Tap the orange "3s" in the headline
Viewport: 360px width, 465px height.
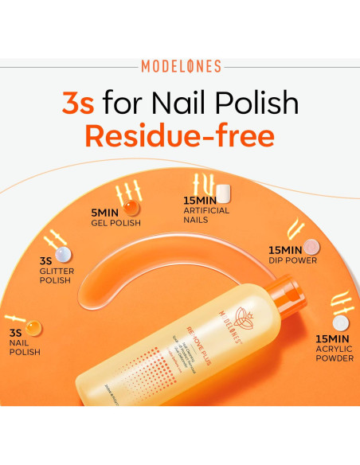pyautogui.click(x=82, y=103)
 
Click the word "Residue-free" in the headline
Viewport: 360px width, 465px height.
pyautogui.click(x=179, y=135)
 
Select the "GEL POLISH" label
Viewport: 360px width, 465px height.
pyautogui.click(x=115, y=223)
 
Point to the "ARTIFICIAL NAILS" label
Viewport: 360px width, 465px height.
pyautogui.click(x=206, y=215)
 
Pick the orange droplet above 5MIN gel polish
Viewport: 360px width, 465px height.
pyautogui.click(x=131, y=208)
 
